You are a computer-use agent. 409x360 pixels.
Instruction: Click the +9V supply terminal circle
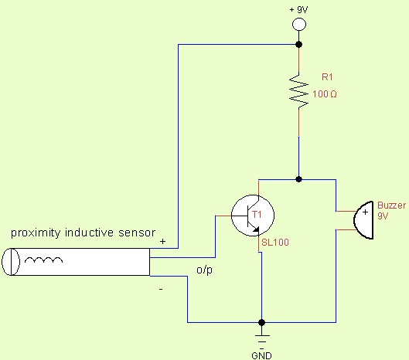coord(299,25)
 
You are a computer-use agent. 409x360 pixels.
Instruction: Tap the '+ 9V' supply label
coord(298,9)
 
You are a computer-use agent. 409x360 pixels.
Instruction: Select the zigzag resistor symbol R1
coord(299,90)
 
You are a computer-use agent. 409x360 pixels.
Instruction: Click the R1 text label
coord(327,77)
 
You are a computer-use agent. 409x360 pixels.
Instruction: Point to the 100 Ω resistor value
coord(325,93)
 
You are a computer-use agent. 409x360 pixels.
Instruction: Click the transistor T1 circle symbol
coord(253,216)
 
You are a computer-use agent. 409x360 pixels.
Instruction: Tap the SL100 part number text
coord(275,243)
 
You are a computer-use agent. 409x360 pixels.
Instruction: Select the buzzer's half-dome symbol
coord(363,220)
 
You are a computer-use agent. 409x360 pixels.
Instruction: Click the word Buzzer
coord(392,205)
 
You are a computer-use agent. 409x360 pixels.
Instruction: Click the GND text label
coord(261,355)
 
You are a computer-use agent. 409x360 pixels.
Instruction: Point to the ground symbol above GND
coord(261,338)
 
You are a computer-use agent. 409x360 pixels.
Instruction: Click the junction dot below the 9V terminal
coord(299,44)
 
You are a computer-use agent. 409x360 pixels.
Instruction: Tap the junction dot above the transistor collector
coord(299,179)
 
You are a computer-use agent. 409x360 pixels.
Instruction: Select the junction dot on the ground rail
coord(261,322)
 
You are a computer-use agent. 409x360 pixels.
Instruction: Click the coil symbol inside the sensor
coord(43,259)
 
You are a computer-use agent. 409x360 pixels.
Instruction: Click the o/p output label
coord(204,270)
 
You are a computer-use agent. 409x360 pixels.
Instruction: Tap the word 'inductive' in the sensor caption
coord(89,233)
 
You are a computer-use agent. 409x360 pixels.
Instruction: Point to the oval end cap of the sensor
coord(11,261)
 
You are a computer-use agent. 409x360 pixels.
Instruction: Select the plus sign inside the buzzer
coord(365,212)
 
